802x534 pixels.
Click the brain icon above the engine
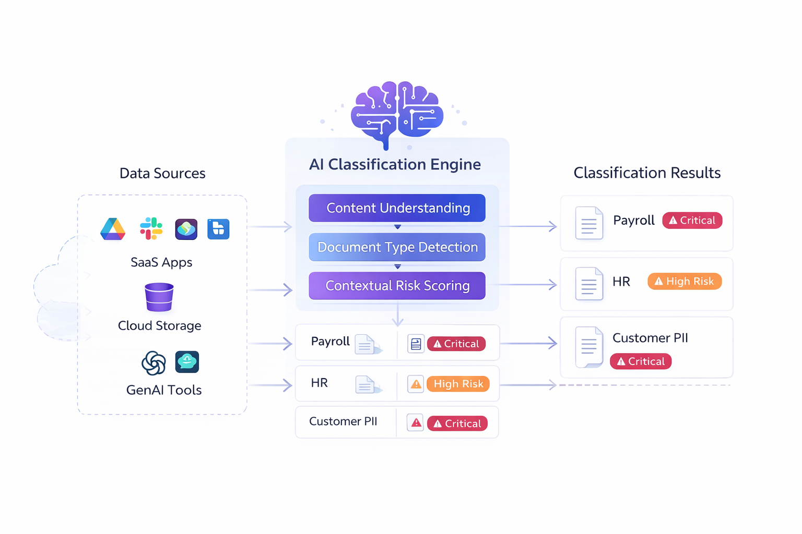point(397,112)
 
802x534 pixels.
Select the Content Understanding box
point(397,208)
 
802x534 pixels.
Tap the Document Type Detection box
point(397,247)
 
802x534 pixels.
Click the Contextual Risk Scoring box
point(397,286)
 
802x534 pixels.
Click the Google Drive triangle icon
point(113,229)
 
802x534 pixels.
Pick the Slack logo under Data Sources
point(151,228)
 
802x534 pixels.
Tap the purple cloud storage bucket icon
point(159,297)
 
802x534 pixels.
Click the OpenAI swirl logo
point(154,363)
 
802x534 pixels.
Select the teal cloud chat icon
point(187,361)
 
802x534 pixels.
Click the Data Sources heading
point(162,173)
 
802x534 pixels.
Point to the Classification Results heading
point(647,173)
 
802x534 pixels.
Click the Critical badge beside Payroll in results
point(692,221)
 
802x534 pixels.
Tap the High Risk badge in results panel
point(685,282)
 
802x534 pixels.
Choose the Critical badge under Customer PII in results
point(641,361)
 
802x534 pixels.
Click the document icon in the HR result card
point(589,284)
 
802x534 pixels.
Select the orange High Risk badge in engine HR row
point(458,384)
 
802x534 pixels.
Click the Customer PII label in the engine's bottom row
point(343,421)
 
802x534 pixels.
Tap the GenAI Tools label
point(164,390)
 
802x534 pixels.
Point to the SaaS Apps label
point(161,262)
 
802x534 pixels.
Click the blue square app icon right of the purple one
point(218,229)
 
